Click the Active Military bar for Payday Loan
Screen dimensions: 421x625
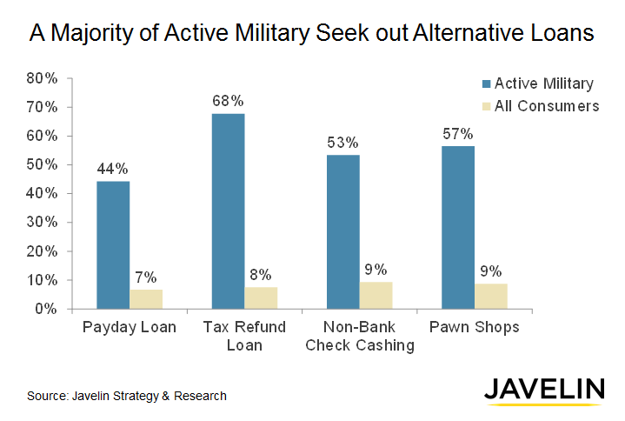click(113, 244)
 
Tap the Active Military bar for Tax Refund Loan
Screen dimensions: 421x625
click(228, 210)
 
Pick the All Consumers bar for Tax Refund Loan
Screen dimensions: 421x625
click(261, 297)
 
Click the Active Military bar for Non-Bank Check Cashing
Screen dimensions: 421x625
click(343, 231)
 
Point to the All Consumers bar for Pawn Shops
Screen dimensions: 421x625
click(491, 296)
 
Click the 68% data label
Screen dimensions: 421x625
click(228, 101)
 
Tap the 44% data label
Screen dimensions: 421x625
click(113, 168)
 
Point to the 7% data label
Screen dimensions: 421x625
click(146, 277)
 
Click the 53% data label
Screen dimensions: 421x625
click(343, 142)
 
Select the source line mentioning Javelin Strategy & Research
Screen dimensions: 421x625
click(127, 396)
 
